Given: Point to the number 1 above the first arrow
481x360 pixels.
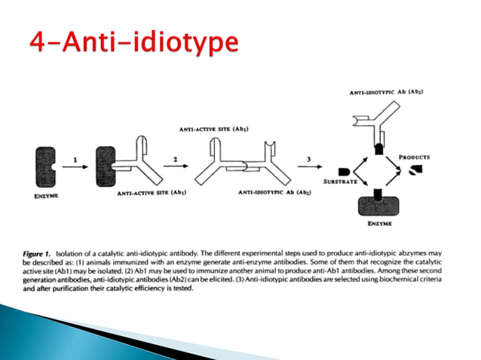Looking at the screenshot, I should tap(75, 158).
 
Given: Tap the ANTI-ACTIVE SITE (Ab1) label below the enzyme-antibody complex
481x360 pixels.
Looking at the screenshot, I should tap(152, 194).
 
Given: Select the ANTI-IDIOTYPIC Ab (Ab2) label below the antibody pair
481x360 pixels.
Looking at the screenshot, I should tap(274, 194).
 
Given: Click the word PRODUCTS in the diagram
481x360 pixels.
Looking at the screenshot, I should tap(415, 157).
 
